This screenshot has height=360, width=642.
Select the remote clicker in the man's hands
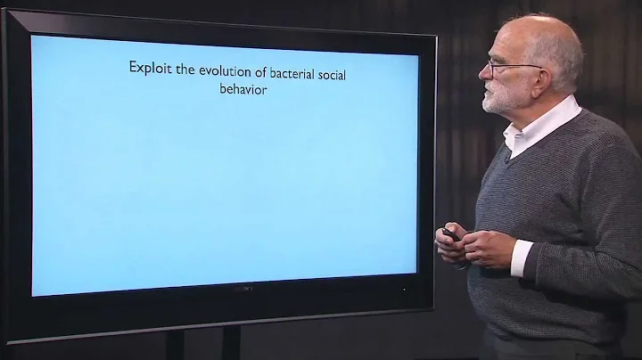[x=449, y=235]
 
